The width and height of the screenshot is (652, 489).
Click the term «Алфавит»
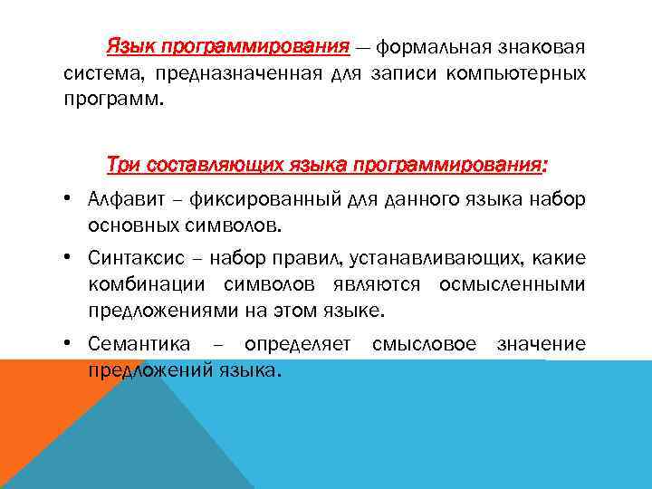125,199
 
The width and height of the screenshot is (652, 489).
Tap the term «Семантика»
139,345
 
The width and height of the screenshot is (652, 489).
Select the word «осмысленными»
513,285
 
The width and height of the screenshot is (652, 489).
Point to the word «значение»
542,345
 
